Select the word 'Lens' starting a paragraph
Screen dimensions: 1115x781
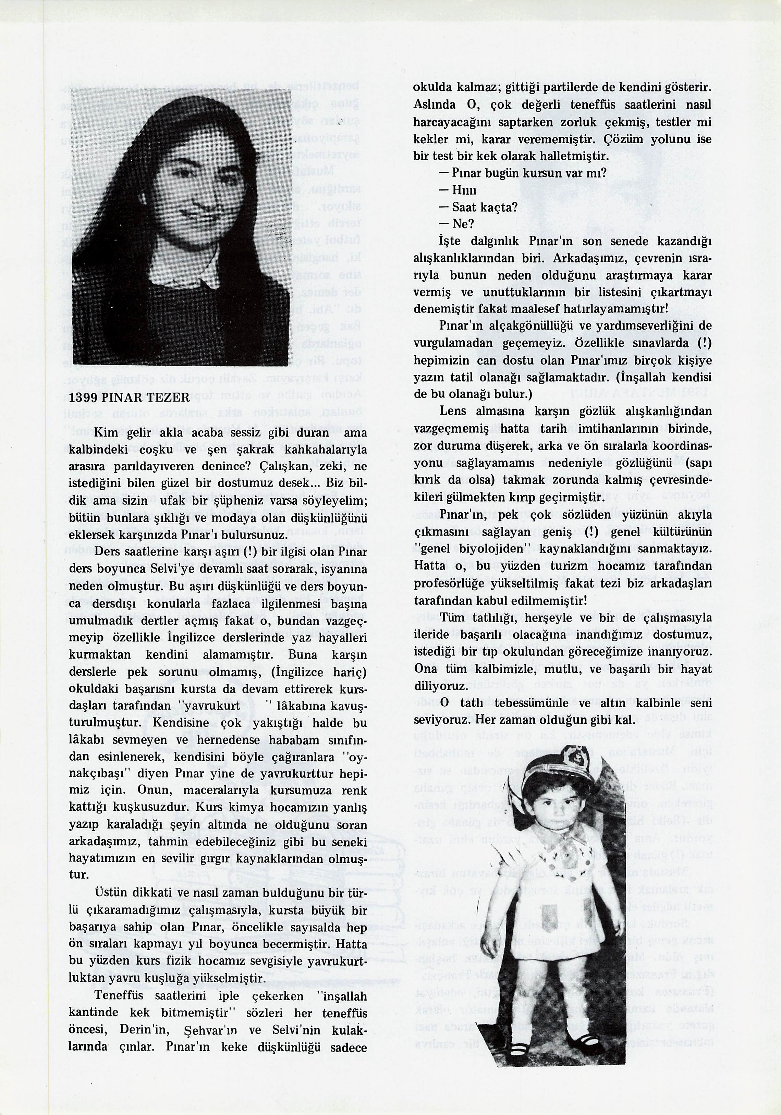(x=452, y=411)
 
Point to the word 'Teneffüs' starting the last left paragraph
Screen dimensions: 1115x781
(x=120, y=996)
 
